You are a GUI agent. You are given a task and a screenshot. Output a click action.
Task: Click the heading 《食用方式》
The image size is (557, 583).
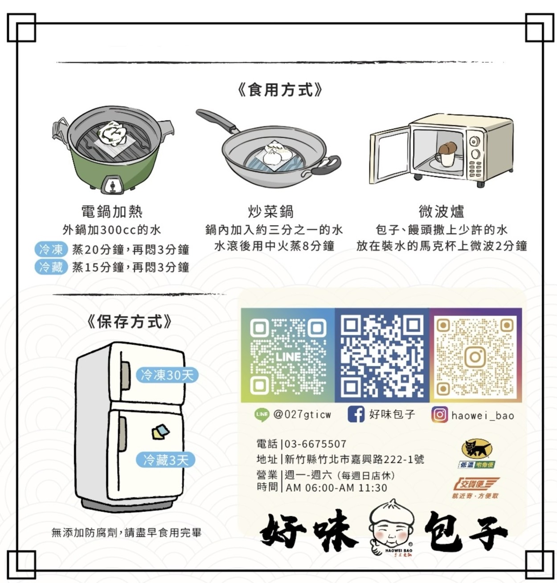click(279, 90)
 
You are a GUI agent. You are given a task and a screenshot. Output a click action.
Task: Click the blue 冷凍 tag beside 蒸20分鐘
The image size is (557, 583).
click(50, 249)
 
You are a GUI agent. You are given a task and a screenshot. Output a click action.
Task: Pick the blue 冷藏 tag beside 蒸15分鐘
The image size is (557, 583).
click(50, 267)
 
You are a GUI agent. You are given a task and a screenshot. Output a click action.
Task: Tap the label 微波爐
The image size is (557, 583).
click(441, 211)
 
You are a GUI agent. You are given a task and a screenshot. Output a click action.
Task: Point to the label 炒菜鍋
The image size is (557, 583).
click(270, 211)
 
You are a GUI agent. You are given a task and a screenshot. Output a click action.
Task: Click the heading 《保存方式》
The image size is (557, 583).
click(129, 322)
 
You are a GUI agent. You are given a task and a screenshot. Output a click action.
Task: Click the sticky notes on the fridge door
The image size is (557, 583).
click(160, 432)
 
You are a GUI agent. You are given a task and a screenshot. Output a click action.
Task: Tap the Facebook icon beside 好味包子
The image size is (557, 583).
click(356, 414)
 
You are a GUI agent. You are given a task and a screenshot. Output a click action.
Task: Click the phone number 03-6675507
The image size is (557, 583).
click(315, 444)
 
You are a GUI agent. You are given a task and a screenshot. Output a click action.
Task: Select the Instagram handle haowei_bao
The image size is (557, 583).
click(483, 415)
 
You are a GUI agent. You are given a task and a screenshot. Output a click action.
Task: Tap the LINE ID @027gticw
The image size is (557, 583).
click(302, 414)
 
